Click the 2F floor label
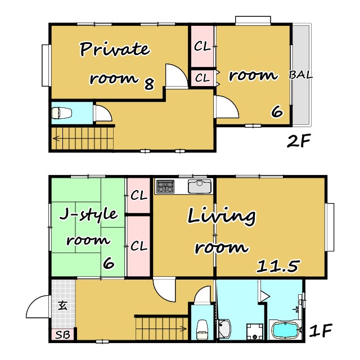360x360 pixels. [299, 141]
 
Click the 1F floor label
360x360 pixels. [321, 330]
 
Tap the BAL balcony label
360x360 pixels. [301, 75]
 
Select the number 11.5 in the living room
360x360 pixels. [278, 266]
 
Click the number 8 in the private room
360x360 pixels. [149, 84]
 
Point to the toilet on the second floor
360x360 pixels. [61, 113]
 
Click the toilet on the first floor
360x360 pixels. [202, 330]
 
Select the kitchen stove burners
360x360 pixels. [165, 186]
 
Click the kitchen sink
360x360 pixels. [199, 186]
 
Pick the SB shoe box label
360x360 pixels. [62, 335]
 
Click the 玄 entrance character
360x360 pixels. [62, 305]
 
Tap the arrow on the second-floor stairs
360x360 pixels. [56, 138]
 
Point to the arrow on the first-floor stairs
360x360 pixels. [183, 328]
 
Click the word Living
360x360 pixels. [222, 216]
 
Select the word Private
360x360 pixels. [115, 49]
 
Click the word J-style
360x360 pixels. [88, 215]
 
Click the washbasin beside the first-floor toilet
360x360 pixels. [224, 328]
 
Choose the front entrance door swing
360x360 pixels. [38, 307]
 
